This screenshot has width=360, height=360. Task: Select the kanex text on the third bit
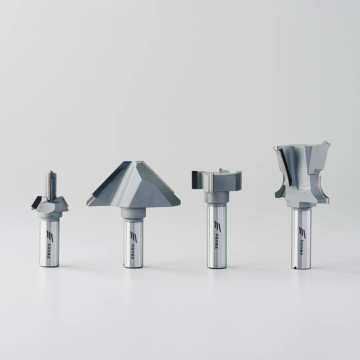[x=216, y=241]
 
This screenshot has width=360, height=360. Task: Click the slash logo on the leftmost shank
[x=50, y=236]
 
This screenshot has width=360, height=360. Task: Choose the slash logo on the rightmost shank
[x=302, y=233]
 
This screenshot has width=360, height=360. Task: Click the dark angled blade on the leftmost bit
[x=36, y=203]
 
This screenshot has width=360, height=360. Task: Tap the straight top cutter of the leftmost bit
[x=51, y=184]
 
